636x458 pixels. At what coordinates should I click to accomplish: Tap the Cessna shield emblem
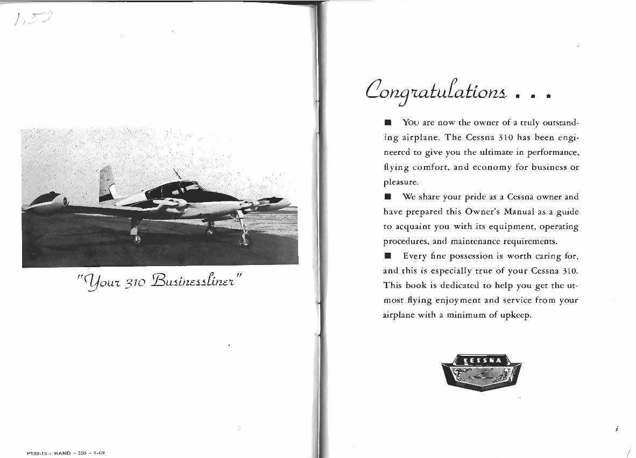481,371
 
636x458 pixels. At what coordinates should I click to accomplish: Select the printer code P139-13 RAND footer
64,453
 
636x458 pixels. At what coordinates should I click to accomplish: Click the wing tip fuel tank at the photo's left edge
46,203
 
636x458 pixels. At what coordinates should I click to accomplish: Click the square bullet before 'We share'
387,197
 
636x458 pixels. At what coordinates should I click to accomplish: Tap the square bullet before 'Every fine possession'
387,255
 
